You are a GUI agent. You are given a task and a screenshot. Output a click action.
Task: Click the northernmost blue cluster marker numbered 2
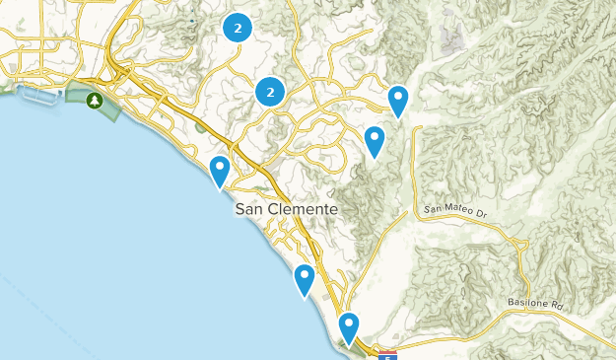click(237, 28)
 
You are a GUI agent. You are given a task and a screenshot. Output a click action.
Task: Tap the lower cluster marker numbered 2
click(269, 93)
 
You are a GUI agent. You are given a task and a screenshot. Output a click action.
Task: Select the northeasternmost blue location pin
click(397, 100)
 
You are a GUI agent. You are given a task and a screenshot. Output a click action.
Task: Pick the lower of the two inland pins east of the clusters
click(374, 141)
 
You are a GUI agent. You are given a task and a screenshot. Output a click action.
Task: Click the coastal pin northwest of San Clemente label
click(220, 171)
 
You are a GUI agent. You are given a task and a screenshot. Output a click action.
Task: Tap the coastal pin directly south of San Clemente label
click(305, 279)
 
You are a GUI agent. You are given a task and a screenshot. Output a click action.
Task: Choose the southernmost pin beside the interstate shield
click(348, 328)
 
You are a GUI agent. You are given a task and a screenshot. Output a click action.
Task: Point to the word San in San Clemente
click(248, 210)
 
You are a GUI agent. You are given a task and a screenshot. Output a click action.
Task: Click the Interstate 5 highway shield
click(388, 352)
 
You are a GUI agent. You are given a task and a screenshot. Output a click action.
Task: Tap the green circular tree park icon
click(95, 101)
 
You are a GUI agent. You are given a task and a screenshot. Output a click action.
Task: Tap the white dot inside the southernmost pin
click(348, 323)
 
